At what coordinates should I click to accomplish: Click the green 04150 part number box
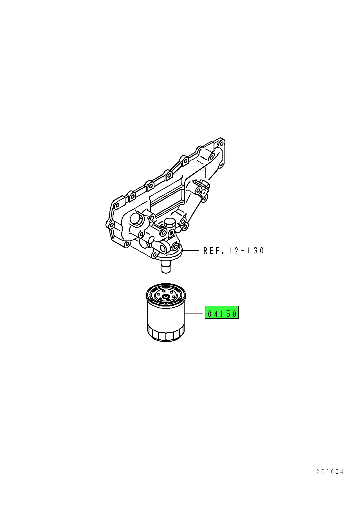coord(222,312)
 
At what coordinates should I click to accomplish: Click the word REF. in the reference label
coord(214,251)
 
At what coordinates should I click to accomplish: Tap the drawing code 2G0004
coord(330,472)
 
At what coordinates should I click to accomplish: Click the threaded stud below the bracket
coord(166,267)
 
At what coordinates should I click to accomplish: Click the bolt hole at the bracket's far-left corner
coord(111,225)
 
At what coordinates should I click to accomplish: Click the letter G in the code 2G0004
coord(323,472)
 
